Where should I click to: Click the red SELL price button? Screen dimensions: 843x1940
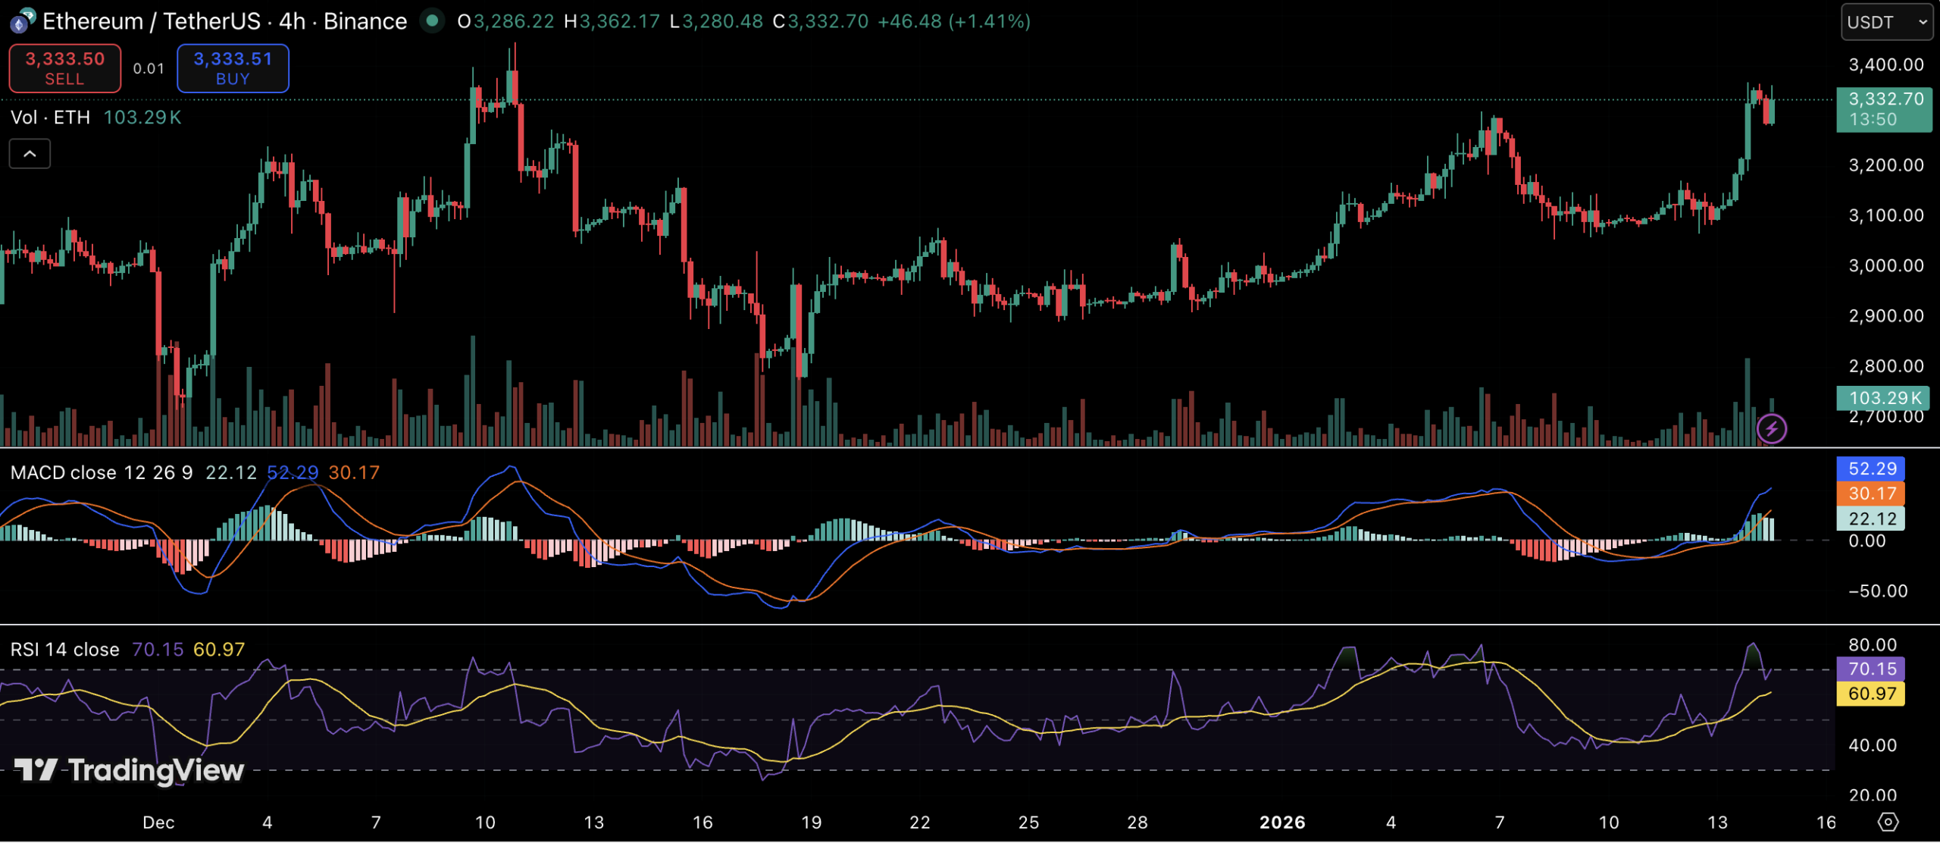click(x=64, y=68)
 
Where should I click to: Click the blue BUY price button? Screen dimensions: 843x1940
click(x=233, y=68)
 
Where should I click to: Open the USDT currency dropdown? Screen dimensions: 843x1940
click(x=1886, y=22)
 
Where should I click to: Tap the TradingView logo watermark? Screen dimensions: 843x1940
click(x=130, y=770)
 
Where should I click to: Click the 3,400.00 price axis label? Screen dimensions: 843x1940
click(x=1885, y=65)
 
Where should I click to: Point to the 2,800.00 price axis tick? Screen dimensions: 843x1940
click(x=1885, y=366)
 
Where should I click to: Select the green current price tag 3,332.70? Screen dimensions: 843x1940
click(x=1884, y=109)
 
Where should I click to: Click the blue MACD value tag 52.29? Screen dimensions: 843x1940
click(x=1871, y=469)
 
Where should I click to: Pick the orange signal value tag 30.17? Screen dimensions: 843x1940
click(x=1871, y=494)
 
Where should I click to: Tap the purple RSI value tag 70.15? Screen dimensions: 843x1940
click(x=1871, y=669)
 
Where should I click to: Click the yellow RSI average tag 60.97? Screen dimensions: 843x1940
click(x=1871, y=694)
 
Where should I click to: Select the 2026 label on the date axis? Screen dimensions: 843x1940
click(x=1281, y=823)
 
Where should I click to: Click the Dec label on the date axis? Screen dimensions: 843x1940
click(x=158, y=823)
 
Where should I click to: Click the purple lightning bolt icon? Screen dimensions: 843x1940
click(x=1771, y=429)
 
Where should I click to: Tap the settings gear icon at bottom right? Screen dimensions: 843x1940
click(x=1888, y=822)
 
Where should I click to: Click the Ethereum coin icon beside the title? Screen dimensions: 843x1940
click(x=21, y=21)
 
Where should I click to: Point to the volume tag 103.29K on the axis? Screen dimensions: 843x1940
click(x=1883, y=398)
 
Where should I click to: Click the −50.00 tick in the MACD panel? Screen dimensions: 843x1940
click(x=1877, y=591)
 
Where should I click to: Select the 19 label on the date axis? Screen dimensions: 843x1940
click(x=811, y=823)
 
